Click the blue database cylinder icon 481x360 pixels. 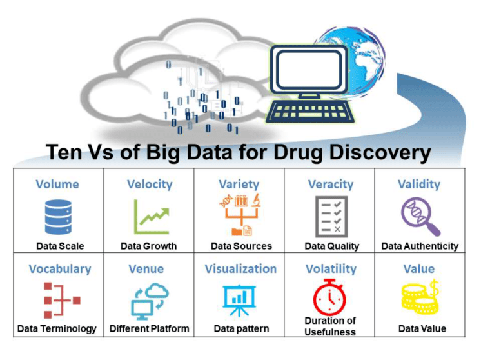click(x=58, y=217)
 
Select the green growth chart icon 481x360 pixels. click(x=152, y=217)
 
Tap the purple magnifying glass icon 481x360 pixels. click(x=420, y=217)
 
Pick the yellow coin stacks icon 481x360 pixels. click(x=420, y=297)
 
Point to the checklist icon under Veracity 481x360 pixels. click(x=331, y=217)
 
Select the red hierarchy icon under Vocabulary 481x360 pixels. click(x=62, y=300)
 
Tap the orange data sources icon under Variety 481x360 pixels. click(x=240, y=215)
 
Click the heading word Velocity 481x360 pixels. click(x=150, y=184)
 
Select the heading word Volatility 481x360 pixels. click(x=331, y=269)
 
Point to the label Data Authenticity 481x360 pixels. click(x=420, y=246)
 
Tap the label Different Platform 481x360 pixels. click(x=150, y=328)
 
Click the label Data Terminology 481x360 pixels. click(x=57, y=328)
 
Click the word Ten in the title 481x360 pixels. click(x=64, y=152)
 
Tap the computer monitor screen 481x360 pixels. click(x=309, y=70)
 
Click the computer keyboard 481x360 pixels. click(x=309, y=112)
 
